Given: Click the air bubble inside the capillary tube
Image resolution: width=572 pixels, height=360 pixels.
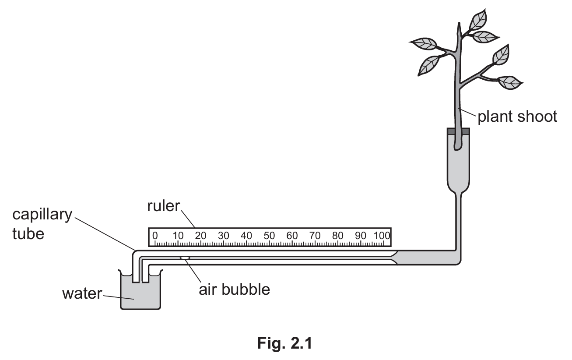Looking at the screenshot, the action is coord(185,258).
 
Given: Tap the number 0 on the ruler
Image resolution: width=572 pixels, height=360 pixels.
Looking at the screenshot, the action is coord(155,236).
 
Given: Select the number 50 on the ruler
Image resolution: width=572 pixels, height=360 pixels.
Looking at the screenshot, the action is coord(269,236).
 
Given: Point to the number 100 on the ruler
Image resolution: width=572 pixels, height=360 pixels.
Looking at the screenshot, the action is coord(382,236).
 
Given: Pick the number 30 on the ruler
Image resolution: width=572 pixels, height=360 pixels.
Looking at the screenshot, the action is coord(224,236).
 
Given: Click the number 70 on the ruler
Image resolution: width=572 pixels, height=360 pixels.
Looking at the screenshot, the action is coord(315,236).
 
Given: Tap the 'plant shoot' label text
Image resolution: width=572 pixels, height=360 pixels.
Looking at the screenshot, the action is coord(517,117).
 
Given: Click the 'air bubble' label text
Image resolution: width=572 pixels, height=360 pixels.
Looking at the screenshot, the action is coord(235,289).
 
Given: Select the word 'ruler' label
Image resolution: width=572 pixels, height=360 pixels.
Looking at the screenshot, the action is coord(164,206).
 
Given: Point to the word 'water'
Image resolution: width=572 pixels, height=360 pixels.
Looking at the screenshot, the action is coord(82,293).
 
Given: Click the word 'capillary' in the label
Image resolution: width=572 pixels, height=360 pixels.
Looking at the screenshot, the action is coord(42,215).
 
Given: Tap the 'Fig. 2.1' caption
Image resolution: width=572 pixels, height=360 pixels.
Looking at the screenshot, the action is coord(285,343).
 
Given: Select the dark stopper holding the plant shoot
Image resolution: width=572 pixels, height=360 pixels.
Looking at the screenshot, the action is coord(458,131).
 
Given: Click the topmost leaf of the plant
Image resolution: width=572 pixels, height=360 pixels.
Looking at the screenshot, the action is coord(478,20).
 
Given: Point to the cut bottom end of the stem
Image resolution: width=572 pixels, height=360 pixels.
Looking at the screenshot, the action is coord(457,148).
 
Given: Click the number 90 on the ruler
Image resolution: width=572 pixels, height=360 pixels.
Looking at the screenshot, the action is coord(361,236).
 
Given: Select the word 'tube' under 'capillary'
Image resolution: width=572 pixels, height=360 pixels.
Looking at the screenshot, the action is coord(28,234).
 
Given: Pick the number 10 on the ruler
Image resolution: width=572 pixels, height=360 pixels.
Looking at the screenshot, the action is coord(178,236).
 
